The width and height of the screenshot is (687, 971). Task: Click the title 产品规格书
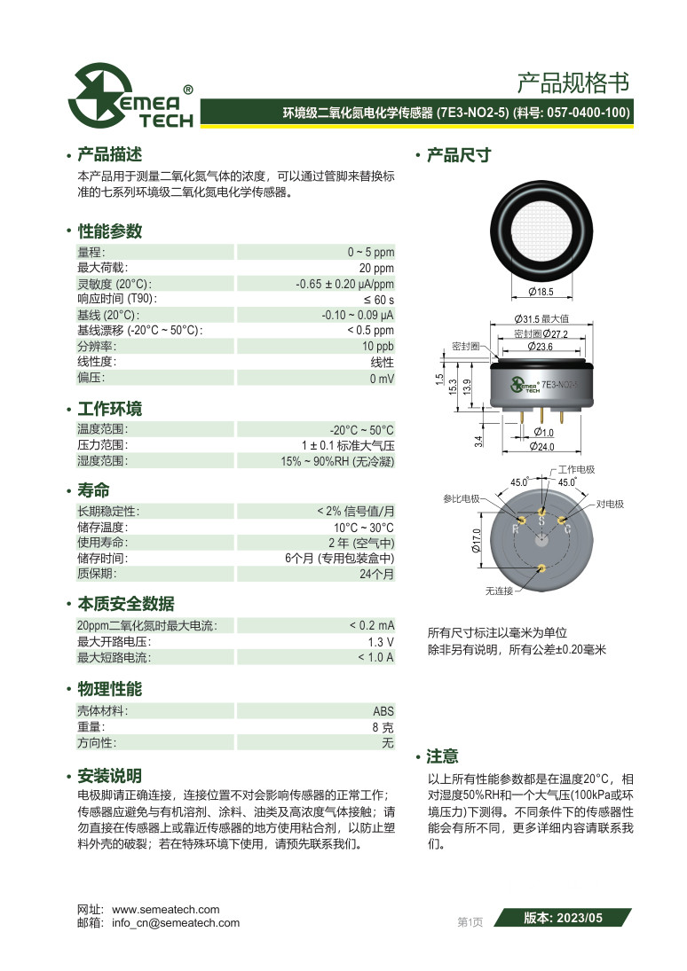[572, 83]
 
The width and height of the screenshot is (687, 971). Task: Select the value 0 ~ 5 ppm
[370, 253]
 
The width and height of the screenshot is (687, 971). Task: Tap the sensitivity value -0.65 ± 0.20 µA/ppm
[344, 285]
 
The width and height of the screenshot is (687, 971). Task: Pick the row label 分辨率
[92, 346]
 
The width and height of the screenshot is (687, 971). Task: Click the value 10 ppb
[377, 346]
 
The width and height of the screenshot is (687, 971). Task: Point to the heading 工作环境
[109, 410]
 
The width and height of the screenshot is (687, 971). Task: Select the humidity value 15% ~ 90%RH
[336, 461]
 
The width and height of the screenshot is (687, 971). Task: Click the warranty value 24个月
[376, 575]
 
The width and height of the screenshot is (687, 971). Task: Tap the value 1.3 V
[381, 642]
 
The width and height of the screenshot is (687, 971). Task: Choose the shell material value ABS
[383, 711]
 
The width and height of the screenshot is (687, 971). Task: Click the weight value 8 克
[383, 727]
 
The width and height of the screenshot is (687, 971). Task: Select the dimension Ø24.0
[541, 447]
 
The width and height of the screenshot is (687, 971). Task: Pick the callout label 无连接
[501, 590]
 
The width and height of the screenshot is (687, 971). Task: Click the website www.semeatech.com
[165, 910]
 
